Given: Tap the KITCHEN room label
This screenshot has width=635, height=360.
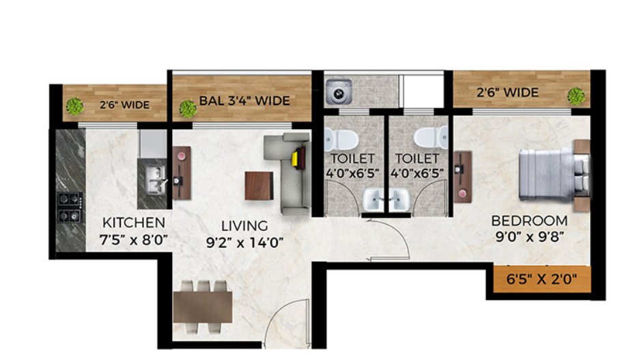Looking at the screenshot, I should (134, 223).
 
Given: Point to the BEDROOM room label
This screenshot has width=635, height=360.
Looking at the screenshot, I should (530, 221).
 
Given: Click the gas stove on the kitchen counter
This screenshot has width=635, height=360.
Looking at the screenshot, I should (70, 207).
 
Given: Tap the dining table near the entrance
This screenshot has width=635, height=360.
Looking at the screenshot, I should (203, 307).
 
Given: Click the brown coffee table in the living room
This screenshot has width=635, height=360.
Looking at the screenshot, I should (259, 185).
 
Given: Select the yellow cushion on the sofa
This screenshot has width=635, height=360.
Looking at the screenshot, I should (296, 158).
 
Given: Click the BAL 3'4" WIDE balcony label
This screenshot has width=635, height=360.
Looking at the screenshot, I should (244, 101).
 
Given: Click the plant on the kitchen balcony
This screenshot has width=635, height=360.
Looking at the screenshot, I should (74, 106).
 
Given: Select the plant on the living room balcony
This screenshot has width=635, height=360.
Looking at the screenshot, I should (186, 108).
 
